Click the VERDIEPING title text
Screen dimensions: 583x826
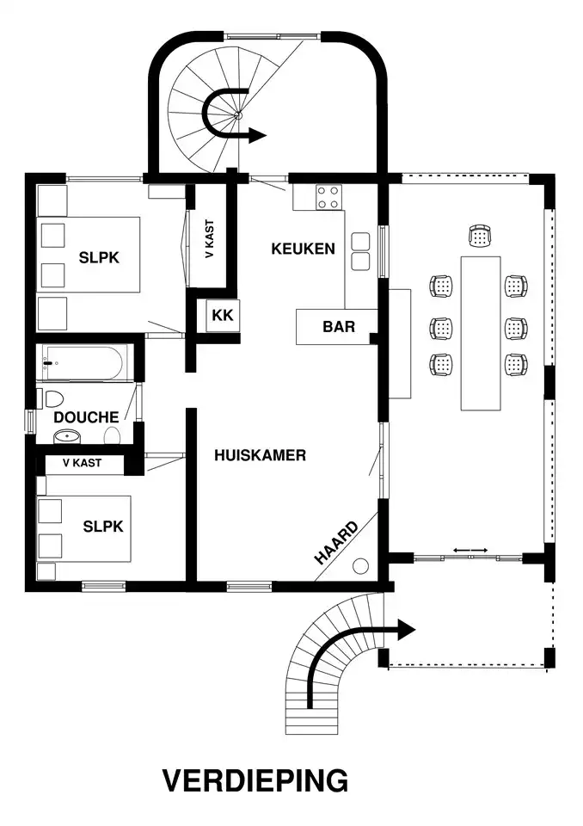(x=255, y=780)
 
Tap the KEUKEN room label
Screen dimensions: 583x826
(x=303, y=249)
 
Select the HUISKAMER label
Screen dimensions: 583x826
(x=261, y=455)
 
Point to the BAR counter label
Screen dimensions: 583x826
(x=339, y=327)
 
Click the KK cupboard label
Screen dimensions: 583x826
(x=223, y=315)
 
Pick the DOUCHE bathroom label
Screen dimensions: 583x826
(x=86, y=417)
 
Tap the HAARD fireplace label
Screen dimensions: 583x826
(x=336, y=543)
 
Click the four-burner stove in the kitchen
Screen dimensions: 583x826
(x=328, y=198)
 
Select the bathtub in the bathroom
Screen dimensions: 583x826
(x=83, y=362)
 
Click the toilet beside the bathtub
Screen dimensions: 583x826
(x=54, y=398)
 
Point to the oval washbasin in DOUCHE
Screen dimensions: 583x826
(x=67, y=436)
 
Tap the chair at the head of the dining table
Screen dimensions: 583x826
(x=480, y=236)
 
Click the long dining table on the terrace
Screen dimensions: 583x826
(x=481, y=333)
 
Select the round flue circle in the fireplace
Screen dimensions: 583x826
(x=361, y=566)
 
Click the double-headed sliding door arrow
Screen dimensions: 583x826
(x=470, y=550)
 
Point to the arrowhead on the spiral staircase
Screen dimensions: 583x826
(x=257, y=135)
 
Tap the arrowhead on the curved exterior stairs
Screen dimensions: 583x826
(x=406, y=630)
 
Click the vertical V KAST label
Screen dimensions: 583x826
(x=210, y=238)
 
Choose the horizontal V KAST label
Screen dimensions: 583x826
(x=83, y=463)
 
